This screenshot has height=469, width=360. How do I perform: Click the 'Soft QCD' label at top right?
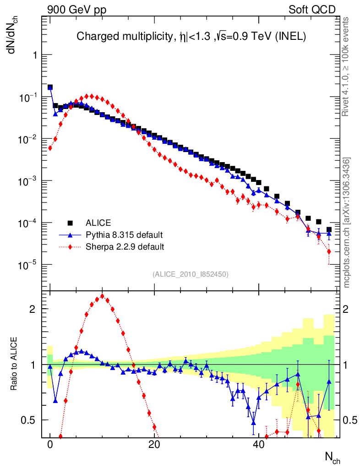tap(312, 10)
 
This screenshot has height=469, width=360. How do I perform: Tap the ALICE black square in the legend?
tap(71, 223)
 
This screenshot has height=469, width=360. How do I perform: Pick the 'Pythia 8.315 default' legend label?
tap(124, 235)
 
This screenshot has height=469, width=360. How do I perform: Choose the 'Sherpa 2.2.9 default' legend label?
tap(125, 247)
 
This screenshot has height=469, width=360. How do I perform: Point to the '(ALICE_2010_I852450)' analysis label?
tap(191, 274)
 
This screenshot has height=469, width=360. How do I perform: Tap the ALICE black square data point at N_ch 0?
tap(50, 87)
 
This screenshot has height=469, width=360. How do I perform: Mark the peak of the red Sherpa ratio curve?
tap(102, 296)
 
